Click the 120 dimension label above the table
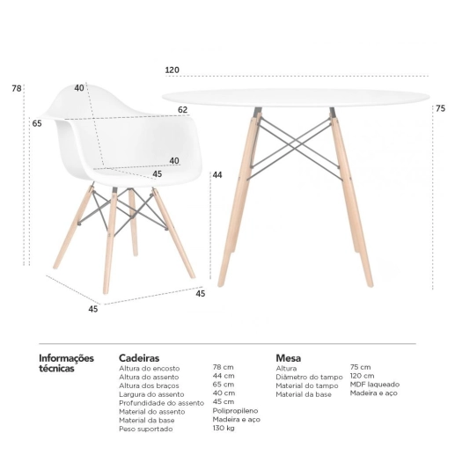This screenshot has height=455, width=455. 171,70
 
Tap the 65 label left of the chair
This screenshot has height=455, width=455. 37,123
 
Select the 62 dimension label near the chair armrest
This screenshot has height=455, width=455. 183,110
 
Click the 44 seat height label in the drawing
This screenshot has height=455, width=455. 216,175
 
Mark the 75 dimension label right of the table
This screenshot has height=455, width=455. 440,108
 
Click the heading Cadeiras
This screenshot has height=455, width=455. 139,358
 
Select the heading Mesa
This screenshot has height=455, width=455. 288,358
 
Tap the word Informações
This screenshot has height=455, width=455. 66,358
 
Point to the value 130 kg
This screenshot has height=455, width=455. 224,429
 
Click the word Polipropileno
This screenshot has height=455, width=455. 235,411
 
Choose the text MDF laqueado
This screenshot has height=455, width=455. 374,385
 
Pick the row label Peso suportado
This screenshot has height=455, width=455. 146,429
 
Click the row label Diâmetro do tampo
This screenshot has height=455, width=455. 309,376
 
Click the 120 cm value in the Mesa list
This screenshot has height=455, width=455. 362,376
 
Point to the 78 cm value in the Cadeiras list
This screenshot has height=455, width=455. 224,367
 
